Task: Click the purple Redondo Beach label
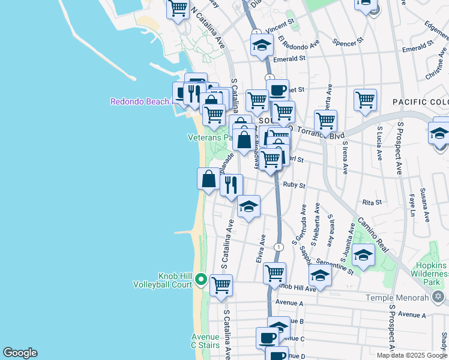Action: [x=140, y=101]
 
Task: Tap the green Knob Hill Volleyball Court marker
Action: [x=201, y=280]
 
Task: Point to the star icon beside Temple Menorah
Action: [x=438, y=297]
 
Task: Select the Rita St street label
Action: [x=372, y=203]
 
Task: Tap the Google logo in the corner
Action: [x=20, y=353]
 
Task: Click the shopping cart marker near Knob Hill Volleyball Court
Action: [x=221, y=285]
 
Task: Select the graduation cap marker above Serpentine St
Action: [x=363, y=254]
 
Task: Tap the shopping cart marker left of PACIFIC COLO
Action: [x=365, y=100]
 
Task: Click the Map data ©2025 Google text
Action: [x=412, y=355]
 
